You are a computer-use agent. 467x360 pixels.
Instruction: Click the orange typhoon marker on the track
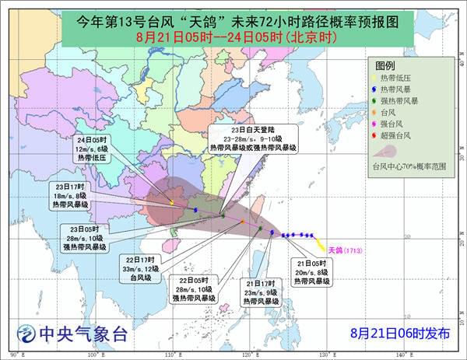242,222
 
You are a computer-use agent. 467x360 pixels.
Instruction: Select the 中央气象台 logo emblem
27,334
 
